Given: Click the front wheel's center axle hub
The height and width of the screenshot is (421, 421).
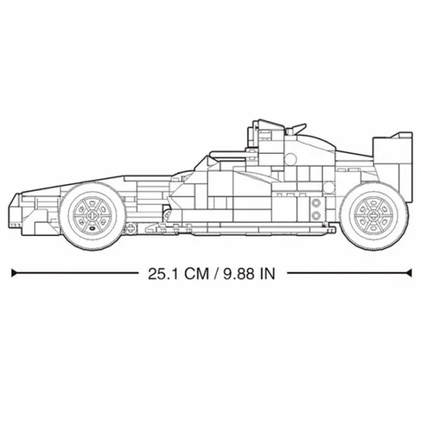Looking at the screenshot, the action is point(92,215).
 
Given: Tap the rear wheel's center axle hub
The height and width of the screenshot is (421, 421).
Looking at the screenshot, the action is point(373,215).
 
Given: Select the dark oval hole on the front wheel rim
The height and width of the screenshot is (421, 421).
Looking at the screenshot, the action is point(92,229).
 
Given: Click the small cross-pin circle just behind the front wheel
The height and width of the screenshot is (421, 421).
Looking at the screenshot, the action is point(131,228).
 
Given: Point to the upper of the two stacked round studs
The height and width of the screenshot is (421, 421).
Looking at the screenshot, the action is point(316,203).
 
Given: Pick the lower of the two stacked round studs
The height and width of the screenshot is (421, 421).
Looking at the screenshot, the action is point(316,215).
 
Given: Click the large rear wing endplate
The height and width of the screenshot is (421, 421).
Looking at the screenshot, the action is point(392,166).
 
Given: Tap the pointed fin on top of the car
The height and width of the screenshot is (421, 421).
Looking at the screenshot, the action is point(297,128).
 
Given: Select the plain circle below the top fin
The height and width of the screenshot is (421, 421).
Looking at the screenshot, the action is point(290,159).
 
